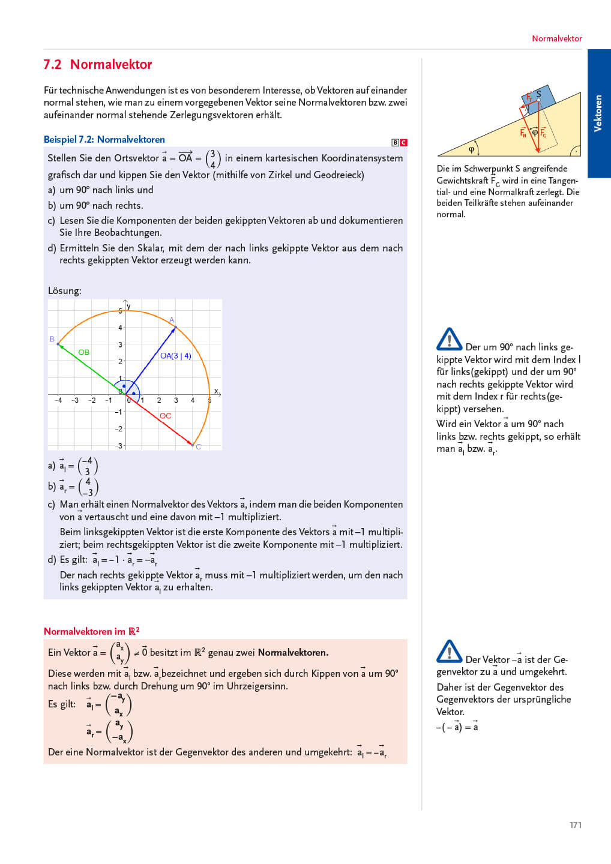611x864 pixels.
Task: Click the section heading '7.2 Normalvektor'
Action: [97, 65]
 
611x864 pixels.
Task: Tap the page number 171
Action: [576, 825]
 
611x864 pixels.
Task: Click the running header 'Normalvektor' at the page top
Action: [556, 38]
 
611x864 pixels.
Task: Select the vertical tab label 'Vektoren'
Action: [598, 113]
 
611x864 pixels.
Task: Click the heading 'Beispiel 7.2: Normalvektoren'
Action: [104, 140]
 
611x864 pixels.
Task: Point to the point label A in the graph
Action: [172, 320]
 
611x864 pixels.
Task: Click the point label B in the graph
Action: [52, 340]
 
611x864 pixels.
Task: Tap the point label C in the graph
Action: [198, 447]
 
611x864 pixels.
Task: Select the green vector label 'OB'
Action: [84, 352]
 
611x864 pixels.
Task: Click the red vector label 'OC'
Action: [166, 416]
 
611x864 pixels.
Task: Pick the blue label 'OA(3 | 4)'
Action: [175, 356]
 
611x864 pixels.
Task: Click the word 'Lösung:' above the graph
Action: [64, 291]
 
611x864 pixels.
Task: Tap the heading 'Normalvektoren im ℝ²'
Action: [91, 631]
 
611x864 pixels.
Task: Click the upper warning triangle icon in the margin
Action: [449, 340]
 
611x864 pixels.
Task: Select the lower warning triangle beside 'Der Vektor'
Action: [449, 652]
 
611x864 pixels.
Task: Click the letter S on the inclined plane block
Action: [538, 94]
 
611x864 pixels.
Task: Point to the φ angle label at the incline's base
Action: [471, 149]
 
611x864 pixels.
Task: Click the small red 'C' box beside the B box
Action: [404, 143]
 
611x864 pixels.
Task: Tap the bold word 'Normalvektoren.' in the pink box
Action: [293, 653]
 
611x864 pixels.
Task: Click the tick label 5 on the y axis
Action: [120, 311]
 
